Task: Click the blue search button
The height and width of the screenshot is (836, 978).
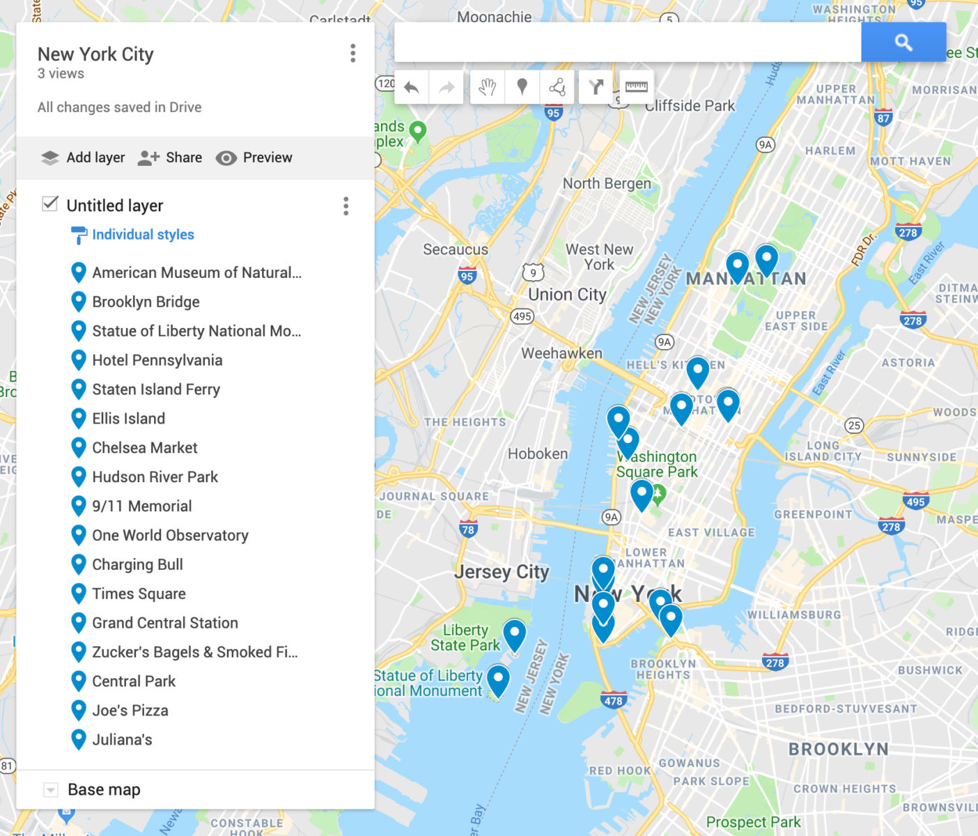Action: click(903, 42)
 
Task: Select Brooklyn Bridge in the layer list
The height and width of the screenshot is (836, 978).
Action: click(146, 302)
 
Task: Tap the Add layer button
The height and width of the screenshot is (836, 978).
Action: click(83, 157)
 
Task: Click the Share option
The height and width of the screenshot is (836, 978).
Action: click(170, 157)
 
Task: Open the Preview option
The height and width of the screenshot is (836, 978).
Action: click(254, 157)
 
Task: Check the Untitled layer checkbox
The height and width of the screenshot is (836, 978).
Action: click(50, 204)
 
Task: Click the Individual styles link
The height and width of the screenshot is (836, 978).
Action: click(143, 235)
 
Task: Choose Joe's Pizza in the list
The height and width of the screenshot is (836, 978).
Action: click(130, 711)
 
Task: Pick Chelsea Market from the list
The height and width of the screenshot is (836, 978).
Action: click(145, 448)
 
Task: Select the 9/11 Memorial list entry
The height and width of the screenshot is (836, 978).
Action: click(142, 506)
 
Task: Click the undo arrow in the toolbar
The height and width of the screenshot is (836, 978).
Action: click(412, 87)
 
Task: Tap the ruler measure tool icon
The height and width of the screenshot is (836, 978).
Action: click(636, 87)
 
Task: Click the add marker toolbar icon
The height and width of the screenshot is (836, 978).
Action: click(522, 87)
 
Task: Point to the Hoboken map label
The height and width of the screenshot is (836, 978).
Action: click(537, 454)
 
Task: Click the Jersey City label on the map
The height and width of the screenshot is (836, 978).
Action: click(502, 572)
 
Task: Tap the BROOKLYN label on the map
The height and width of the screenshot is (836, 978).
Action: click(838, 750)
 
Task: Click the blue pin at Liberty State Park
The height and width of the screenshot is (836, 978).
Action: click(514, 633)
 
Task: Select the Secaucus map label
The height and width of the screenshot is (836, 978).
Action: click(456, 249)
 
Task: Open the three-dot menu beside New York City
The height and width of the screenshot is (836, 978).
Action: click(353, 54)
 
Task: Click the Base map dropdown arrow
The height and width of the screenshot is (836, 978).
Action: click(50, 790)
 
